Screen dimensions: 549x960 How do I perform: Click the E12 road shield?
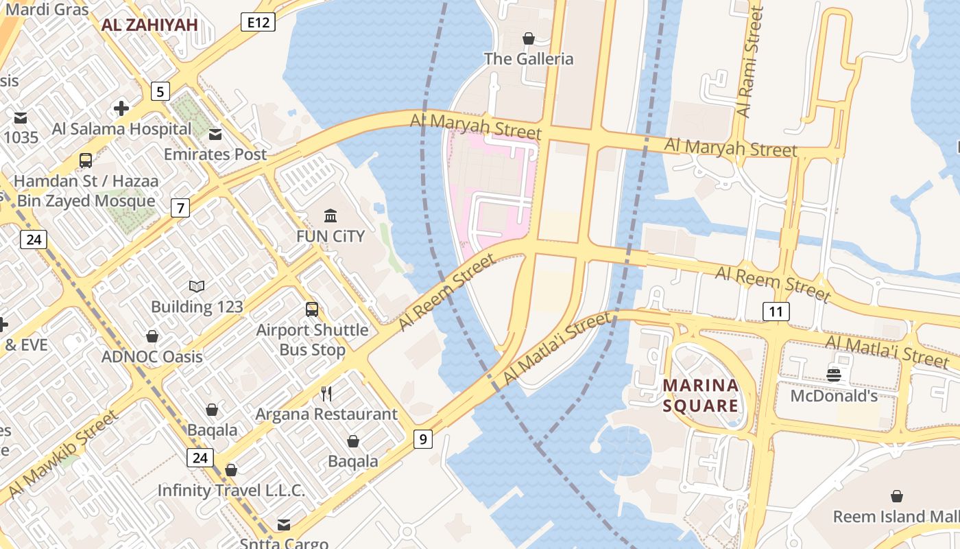pos(258,23)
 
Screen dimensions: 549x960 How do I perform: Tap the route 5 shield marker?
pos(160,91)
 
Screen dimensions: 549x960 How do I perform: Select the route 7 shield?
pos(180,208)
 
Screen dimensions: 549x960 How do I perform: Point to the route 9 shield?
pos(423,439)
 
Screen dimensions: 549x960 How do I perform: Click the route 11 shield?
pos(776,312)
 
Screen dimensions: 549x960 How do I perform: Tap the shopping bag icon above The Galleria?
pos(528,38)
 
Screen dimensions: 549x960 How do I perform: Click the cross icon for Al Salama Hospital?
pos(121,108)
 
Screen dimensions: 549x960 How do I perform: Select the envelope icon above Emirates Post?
pos(215,134)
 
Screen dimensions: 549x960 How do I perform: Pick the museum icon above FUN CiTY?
pos(331,216)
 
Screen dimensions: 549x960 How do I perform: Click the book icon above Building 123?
pos(197,286)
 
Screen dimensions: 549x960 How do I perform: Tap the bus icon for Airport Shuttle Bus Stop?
pos(312,309)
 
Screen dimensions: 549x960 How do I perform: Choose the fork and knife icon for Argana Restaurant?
pos(326,394)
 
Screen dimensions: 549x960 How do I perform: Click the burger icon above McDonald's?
pos(834,375)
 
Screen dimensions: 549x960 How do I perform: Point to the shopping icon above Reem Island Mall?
pos(896,496)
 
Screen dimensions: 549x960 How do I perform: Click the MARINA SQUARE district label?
pos(701,395)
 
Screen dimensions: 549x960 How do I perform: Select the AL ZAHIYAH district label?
pos(149,25)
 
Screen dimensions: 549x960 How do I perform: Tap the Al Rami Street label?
pos(748,62)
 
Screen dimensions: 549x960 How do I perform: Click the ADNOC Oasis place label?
pos(152,356)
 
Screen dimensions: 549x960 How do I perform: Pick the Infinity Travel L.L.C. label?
pos(231,491)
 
